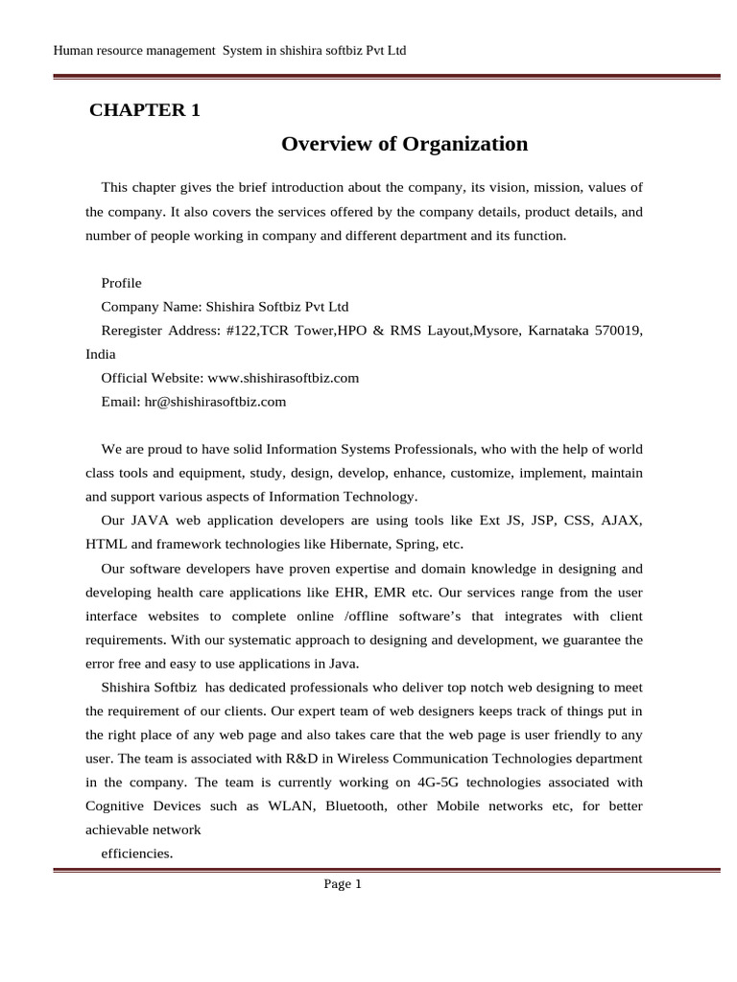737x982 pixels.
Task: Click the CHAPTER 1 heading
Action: (x=145, y=110)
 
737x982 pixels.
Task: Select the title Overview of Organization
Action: (x=404, y=144)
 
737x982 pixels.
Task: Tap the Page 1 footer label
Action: (x=343, y=884)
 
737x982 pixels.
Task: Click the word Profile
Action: (x=121, y=283)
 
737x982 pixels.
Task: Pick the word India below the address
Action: (x=100, y=354)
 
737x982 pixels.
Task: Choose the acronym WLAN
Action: (x=286, y=806)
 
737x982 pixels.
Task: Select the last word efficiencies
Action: (x=136, y=853)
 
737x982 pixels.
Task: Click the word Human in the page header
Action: (x=73, y=50)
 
